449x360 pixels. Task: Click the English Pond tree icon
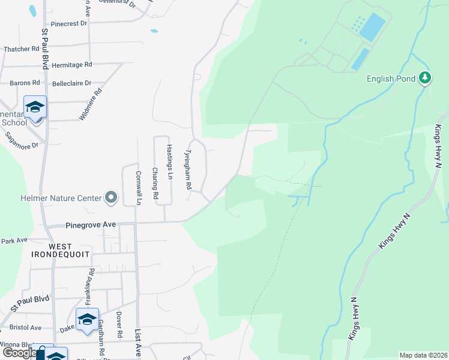(x=425, y=78)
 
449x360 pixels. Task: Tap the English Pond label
(x=392, y=79)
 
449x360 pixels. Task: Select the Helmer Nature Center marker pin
(x=111, y=197)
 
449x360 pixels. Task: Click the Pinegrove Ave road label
(x=90, y=225)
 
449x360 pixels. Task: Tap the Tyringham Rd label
(x=188, y=171)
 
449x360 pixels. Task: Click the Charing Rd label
(x=155, y=183)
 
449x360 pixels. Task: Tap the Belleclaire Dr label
(x=71, y=83)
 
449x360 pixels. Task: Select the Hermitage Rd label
(x=71, y=64)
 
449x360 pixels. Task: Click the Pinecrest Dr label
(x=70, y=24)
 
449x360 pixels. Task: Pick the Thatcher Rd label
(x=21, y=49)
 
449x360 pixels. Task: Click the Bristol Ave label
(x=25, y=328)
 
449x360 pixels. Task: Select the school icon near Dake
(x=87, y=319)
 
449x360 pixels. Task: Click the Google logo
(x=20, y=353)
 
